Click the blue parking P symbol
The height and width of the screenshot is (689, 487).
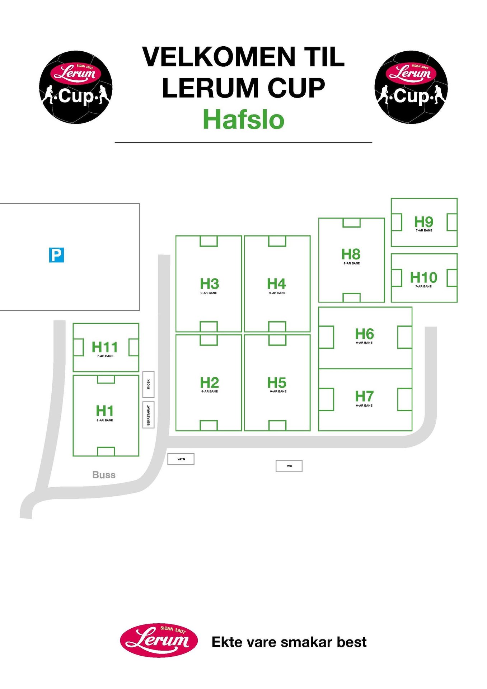56,255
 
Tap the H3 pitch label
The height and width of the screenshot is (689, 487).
209,284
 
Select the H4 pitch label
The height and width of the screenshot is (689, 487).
276,284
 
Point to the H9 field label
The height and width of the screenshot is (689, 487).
423,222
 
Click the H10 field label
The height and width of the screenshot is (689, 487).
423,278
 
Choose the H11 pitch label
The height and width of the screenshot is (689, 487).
104,347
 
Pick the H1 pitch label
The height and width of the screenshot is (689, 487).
104,411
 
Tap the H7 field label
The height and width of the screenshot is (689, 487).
364,397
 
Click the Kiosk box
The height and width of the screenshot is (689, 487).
149,384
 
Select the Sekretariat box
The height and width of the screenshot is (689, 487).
149,415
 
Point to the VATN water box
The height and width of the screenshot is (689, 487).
181,459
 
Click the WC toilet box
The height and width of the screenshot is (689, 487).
289,466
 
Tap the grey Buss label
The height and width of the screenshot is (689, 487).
104,475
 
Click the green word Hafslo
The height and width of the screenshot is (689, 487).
243,119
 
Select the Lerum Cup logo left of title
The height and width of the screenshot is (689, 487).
76,87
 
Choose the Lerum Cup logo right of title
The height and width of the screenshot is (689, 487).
411,87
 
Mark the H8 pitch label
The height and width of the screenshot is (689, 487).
351,254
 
